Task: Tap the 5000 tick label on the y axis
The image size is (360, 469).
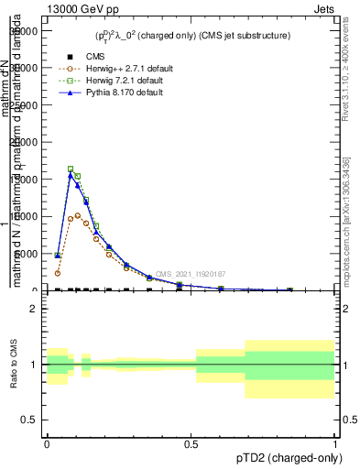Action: coord(28,254)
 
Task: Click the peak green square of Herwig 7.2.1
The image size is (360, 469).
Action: coord(71,169)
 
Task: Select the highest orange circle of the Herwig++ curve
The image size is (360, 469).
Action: coord(78,216)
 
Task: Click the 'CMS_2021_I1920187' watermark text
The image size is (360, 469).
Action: coord(190,274)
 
